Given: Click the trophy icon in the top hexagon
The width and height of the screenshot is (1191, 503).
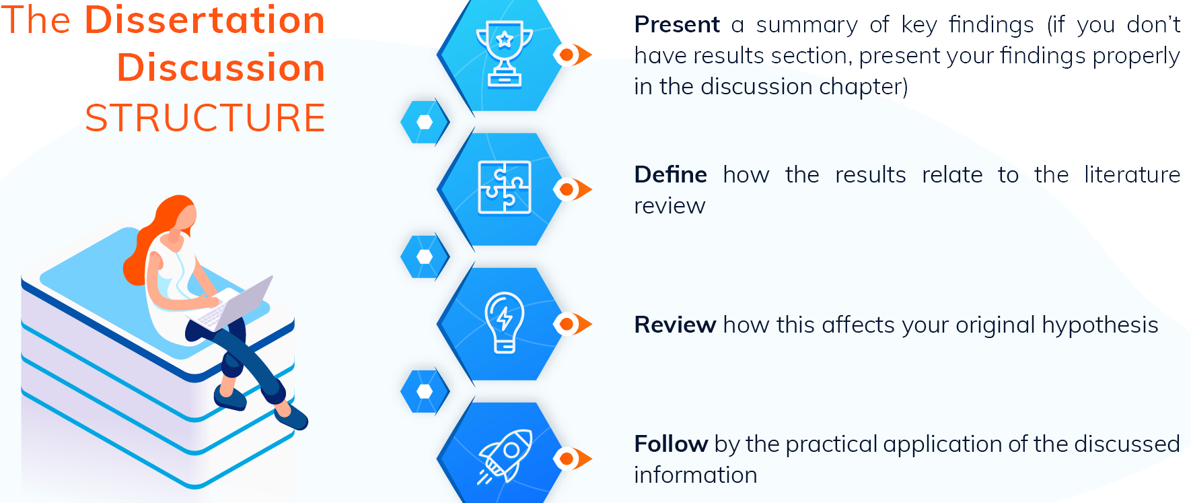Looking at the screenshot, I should [x=504, y=54].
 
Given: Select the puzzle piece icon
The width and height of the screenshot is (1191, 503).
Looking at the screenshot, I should [x=504, y=188].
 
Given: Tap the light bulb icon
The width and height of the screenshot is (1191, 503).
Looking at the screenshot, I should [x=504, y=322].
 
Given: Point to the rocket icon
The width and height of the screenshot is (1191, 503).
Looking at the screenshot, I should [x=506, y=456].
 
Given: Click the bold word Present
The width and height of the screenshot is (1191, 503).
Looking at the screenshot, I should [x=676, y=25].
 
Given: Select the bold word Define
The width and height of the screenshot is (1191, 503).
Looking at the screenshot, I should [x=670, y=175].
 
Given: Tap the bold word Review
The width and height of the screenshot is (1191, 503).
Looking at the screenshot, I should [x=675, y=325].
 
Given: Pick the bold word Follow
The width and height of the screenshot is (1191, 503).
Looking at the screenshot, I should [x=671, y=444].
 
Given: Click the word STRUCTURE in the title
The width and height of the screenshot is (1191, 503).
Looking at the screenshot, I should [x=205, y=118].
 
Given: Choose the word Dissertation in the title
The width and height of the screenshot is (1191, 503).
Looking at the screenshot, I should [x=205, y=20].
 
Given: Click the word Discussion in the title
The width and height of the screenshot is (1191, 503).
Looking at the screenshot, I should [x=221, y=68].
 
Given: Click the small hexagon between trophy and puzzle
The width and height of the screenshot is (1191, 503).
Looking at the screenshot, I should [x=425, y=122].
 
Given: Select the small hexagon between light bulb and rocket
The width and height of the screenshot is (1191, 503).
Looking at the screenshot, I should [x=425, y=391].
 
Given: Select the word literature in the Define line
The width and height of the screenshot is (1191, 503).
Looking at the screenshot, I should [x=1132, y=175].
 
